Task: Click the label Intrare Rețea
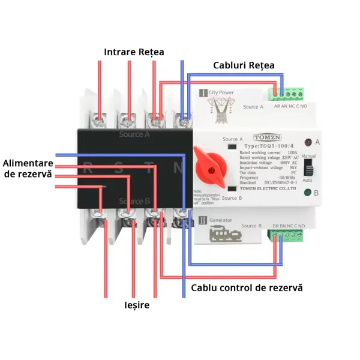tap(134, 52)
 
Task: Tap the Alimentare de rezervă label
tap(27, 169)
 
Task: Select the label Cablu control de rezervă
tap(247, 288)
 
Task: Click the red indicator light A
tap(308, 142)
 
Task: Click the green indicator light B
tap(308, 193)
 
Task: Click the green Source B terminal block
tap(288, 234)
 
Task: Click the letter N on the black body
tap(178, 167)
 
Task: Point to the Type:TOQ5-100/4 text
tap(268, 146)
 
